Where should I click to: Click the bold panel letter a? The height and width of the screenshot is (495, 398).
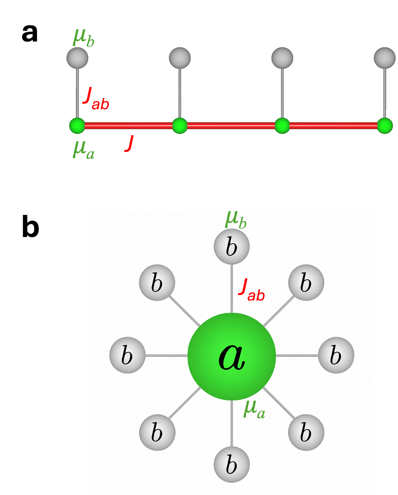(30, 34)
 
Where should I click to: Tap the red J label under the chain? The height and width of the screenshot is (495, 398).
(130, 143)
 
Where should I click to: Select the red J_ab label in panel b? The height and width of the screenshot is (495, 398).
(251, 290)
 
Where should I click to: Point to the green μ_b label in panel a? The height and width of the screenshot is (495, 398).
(83, 37)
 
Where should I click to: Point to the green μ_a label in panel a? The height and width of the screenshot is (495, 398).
(83, 150)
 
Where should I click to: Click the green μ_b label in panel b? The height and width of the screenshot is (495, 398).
(236, 220)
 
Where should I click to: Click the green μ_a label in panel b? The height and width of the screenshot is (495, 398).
(254, 409)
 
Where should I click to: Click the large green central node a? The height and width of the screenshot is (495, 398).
(232, 356)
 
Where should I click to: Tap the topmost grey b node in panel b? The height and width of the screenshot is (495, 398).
(232, 246)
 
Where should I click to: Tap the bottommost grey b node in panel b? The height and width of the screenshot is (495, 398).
(232, 464)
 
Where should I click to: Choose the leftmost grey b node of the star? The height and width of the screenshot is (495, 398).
(127, 355)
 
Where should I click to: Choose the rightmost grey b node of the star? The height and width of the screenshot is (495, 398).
(336, 355)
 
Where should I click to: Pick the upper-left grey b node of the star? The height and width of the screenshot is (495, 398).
(157, 282)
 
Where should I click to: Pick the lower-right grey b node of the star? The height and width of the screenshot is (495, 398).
(306, 432)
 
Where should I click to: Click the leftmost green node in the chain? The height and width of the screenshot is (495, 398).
(77, 126)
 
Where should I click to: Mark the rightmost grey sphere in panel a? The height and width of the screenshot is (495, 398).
(384, 58)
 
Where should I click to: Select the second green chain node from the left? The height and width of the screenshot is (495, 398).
(180, 126)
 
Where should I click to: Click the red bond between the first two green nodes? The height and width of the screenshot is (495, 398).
(128, 126)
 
